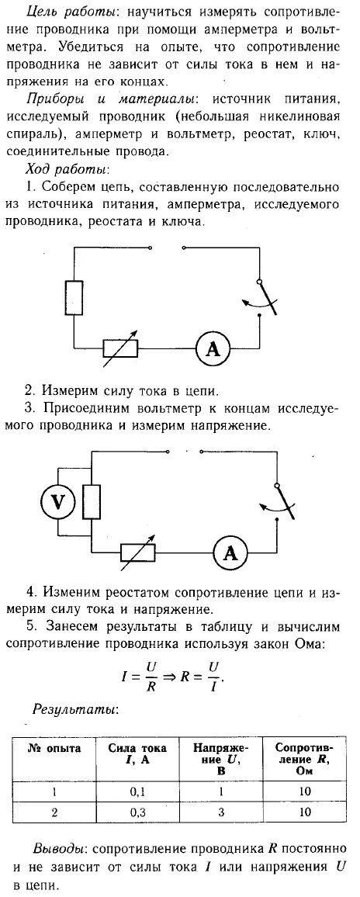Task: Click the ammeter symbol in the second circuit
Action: point(230,553)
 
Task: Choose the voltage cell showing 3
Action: point(221,813)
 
